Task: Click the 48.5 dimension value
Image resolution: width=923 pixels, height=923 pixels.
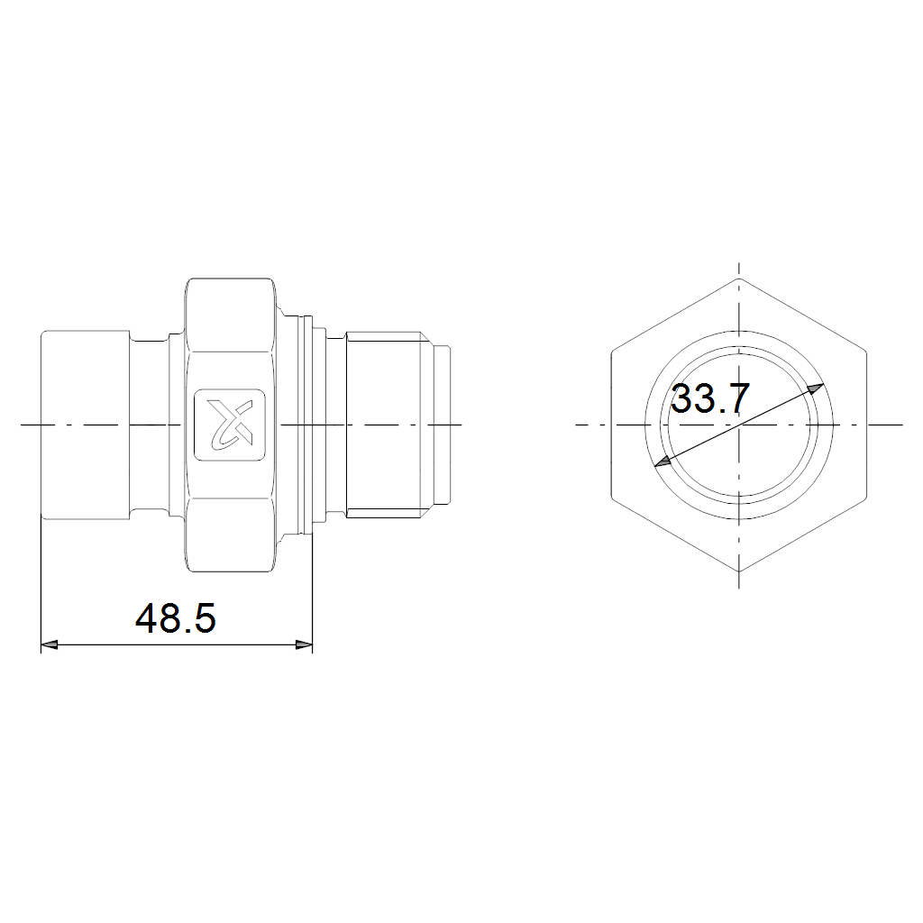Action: pyautogui.click(x=176, y=618)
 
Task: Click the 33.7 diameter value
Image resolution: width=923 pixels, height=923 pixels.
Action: pyautogui.click(x=710, y=398)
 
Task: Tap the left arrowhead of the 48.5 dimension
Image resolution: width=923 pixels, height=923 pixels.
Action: pyautogui.click(x=50, y=645)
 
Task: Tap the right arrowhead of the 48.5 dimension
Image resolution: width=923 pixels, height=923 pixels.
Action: pyautogui.click(x=304, y=645)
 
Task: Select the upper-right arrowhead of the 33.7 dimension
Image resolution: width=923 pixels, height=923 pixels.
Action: pyautogui.click(x=816, y=389)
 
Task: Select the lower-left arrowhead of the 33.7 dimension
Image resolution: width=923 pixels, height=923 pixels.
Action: pyautogui.click(x=663, y=461)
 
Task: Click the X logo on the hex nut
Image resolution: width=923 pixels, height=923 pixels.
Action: pyautogui.click(x=230, y=424)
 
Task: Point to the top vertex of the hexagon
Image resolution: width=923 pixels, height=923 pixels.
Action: pyautogui.click(x=739, y=278)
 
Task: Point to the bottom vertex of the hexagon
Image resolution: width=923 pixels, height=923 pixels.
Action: pyautogui.click(x=739, y=571)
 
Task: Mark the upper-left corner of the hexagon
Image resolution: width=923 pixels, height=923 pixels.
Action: pyautogui.click(x=612, y=352)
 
